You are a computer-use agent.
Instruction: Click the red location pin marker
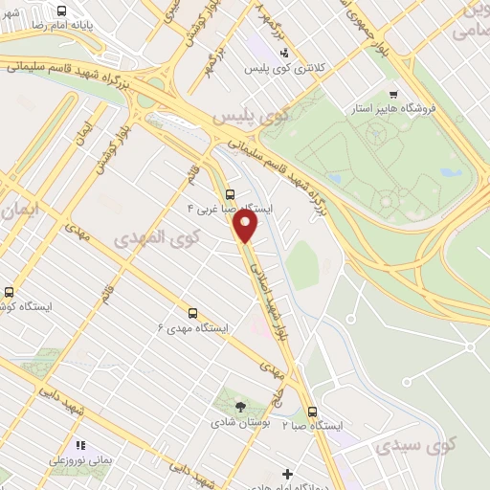click(x=246, y=226)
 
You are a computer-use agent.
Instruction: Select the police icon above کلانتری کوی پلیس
click(x=284, y=53)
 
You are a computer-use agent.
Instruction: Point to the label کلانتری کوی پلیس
click(x=285, y=69)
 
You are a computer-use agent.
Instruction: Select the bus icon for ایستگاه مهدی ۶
click(x=192, y=313)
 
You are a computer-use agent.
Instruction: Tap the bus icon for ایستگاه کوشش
click(x=10, y=292)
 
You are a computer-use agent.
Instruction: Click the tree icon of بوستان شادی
click(x=239, y=407)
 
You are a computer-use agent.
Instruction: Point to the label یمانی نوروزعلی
click(x=81, y=460)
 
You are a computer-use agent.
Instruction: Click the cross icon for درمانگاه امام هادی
click(x=287, y=474)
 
